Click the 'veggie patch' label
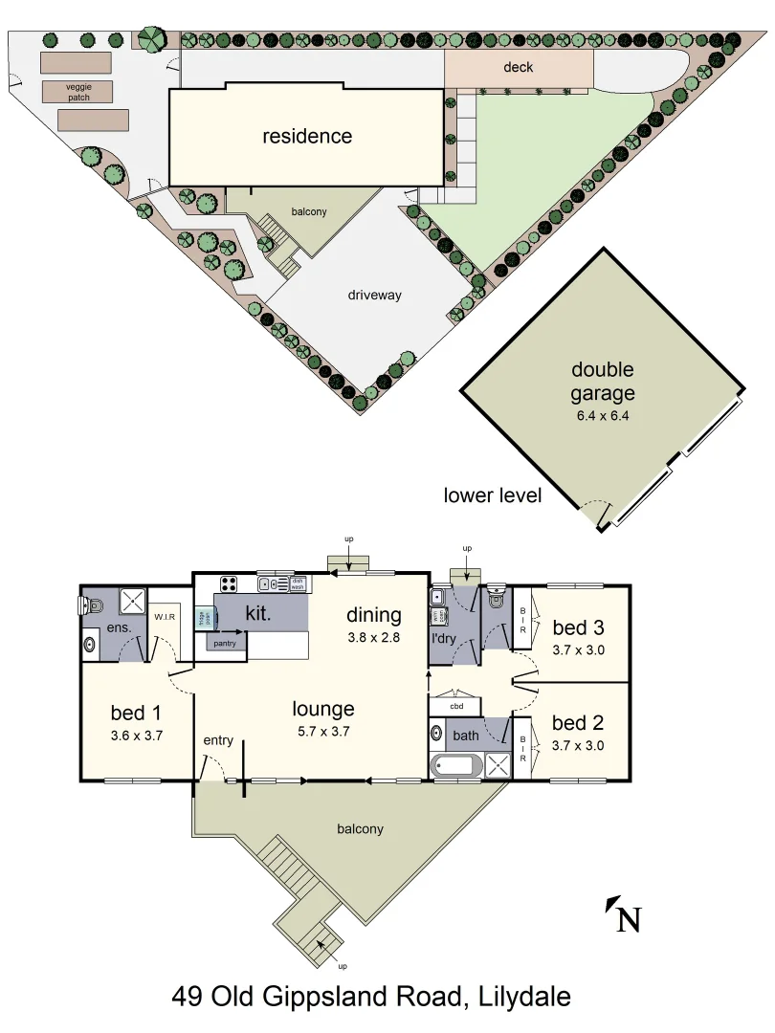click(x=77, y=92)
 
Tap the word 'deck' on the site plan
click(x=518, y=67)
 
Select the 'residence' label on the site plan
click(x=307, y=136)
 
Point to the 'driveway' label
click(x=374, y=295)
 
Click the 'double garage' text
click(x=603, y=381)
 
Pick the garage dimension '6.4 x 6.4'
click(x=603, y=416)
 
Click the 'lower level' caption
click(x=493, y=495)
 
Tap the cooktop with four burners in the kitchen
click(x=230, y=583)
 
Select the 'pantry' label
click(x=226, y=643)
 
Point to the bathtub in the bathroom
click(x=458, y=766)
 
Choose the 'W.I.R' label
click(x=165, y=617)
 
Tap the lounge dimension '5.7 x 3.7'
click(x=323, y=732)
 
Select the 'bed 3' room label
click(x=578, y=627)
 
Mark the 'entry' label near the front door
click(x=218, y=740)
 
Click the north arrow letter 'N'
click(x=628, y=919)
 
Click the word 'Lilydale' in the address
click(x=524, y=997)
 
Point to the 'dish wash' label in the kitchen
click(x=297, y=583)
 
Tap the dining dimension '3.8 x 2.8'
click(x=374, y=638)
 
